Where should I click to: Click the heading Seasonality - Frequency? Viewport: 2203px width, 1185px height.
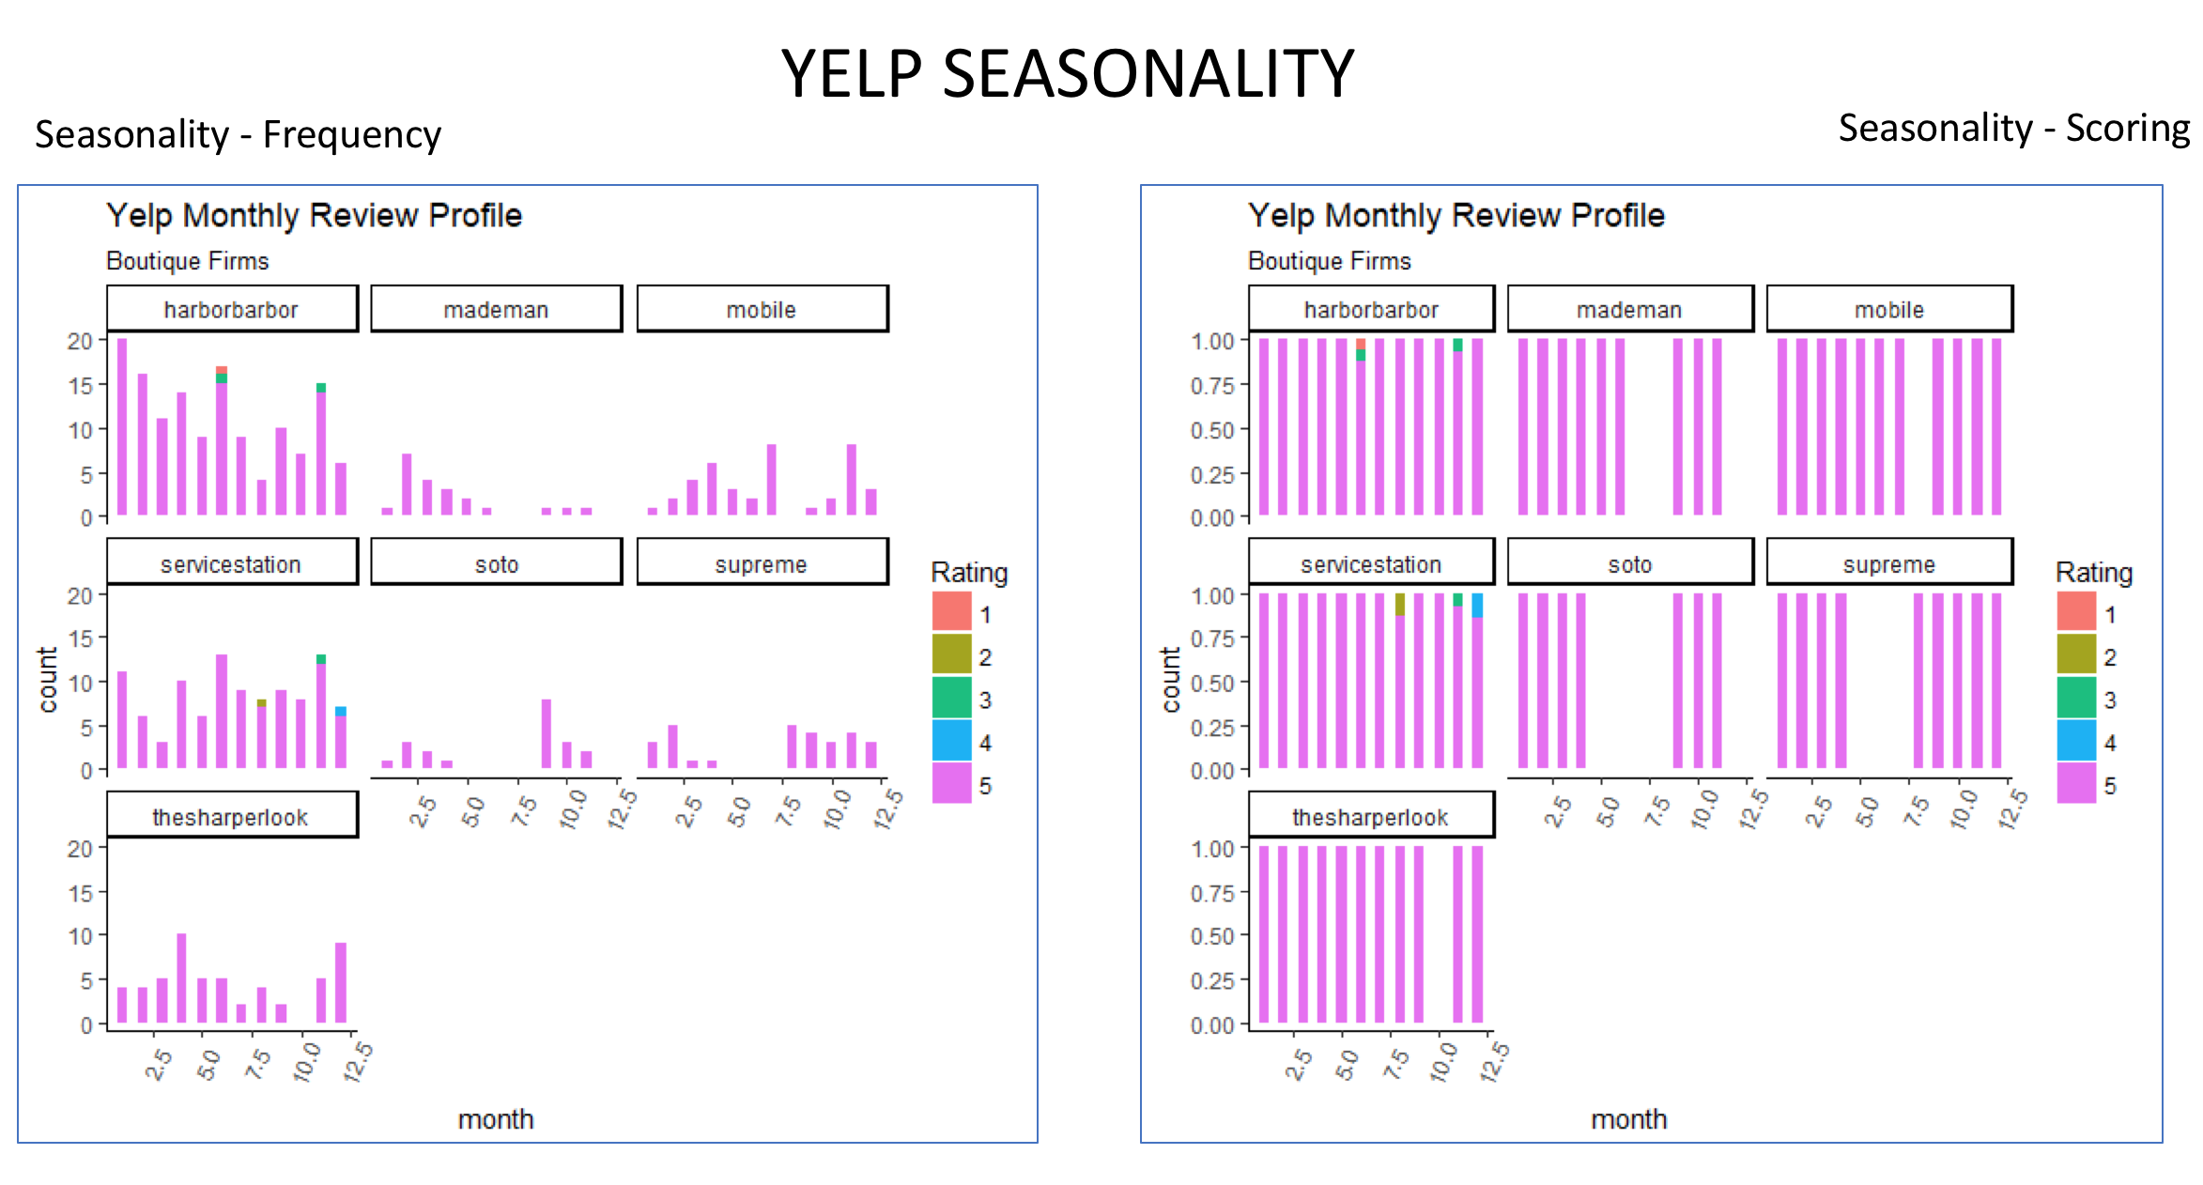[238, 134]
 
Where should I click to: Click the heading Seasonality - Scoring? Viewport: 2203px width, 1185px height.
[2013, 128]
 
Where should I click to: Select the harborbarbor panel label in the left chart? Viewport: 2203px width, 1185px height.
[231, 309]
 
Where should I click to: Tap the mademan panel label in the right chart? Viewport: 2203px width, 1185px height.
[1629, 309]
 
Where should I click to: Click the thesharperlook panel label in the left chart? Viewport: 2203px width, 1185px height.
[231, 816]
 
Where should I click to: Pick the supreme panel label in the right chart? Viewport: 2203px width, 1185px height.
[1888, 563]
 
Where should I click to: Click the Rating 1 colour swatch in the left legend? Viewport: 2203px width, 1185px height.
[951, 611]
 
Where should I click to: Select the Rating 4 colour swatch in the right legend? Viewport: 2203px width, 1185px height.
[2075, 740]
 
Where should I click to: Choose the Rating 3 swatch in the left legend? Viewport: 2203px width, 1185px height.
[951, 697]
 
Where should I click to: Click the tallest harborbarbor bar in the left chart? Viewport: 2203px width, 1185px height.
[122, 427]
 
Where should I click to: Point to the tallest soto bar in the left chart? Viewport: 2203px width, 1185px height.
[547, 733]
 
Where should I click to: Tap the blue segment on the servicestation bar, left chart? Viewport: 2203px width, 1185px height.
[341, 711]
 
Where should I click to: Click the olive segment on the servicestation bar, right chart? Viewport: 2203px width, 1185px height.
[1400, 604]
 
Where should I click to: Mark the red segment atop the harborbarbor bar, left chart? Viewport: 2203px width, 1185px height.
[222, 370]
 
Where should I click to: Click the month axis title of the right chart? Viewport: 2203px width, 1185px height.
[1628, 1119]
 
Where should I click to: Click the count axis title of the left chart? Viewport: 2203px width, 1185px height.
[47, 680]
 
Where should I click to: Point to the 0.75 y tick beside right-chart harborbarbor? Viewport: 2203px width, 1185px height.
[1212, 385]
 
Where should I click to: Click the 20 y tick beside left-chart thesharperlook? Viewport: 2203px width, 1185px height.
[80, 848]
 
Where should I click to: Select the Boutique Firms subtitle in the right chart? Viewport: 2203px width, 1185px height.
[1329, 261]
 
